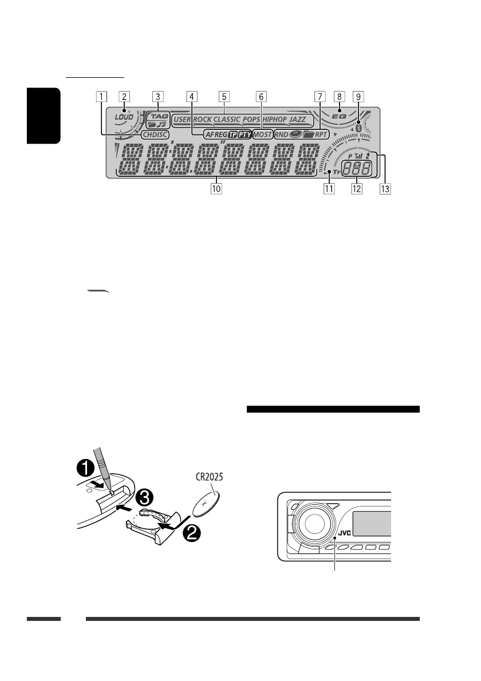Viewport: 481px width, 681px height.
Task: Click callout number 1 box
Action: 101,96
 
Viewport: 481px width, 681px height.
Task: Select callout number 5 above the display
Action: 224,96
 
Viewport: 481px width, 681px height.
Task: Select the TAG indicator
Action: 157,115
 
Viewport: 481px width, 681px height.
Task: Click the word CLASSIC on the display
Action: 228,120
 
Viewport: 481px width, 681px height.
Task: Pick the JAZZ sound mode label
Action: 298,120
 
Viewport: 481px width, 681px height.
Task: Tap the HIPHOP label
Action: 274,120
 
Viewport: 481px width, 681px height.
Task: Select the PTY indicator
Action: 245,136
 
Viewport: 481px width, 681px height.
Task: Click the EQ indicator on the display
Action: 340,117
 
